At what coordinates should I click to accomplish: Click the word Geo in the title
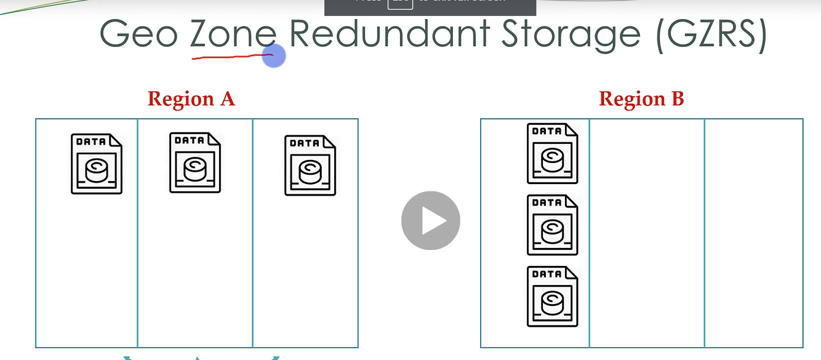coord(138,34)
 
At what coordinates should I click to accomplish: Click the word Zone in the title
coord(231,34)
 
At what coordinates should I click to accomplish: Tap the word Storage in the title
coord(571,35)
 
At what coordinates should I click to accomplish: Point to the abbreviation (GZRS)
coord(712,35)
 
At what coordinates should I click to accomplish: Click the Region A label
coord(191,98)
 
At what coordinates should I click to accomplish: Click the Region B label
coord(641,98)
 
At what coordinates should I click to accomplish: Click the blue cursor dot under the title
coord(274,56)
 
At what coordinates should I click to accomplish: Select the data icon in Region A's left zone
coord(97,164)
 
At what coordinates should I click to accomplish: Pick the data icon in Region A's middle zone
coord(195,162)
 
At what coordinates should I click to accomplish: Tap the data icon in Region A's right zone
coord(310,166)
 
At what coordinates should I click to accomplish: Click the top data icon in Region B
coord(553,153)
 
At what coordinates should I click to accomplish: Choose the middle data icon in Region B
coord(553,225)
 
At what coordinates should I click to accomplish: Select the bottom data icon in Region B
coord(553,296)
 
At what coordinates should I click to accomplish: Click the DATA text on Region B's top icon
coord(547,131)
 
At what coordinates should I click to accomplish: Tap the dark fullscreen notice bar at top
coord(430,7)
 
